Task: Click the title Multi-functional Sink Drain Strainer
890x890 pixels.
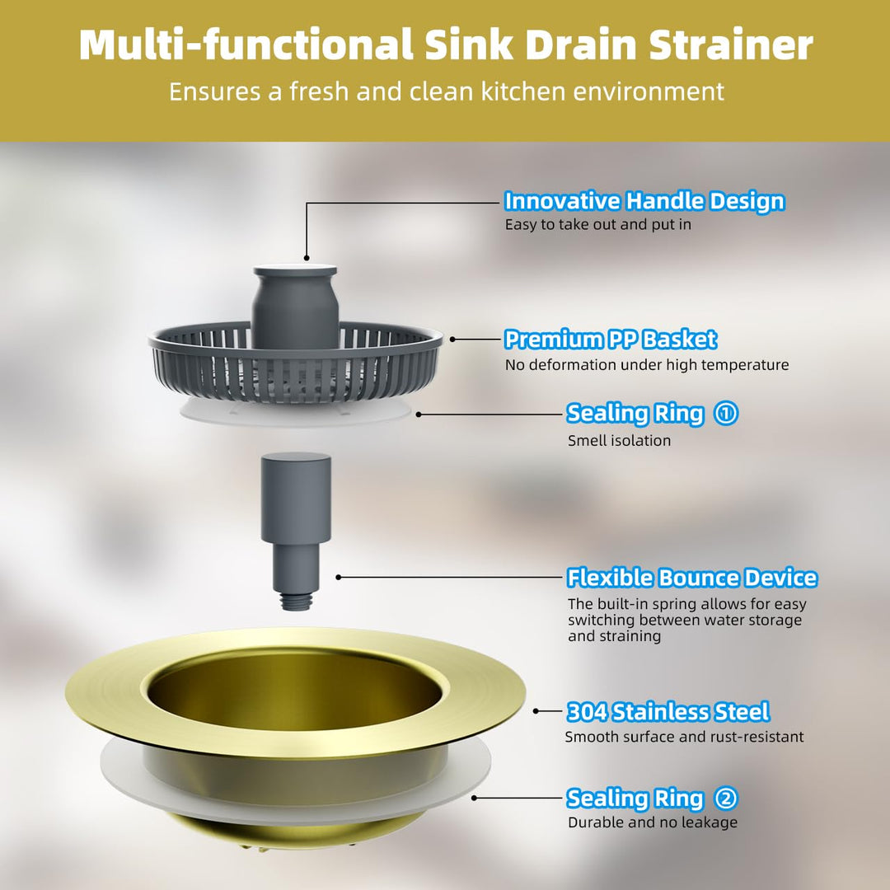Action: pyautogui.click(x=445, y=46)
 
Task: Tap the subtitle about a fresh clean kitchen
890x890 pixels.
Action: pyautogui.click(x=445, y=91)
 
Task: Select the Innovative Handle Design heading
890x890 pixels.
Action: pyautogui.click(x=644, y=201)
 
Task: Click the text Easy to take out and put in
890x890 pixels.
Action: pyautogui.click(x=597, y=224)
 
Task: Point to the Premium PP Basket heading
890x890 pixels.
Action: pyautogui.click(x=610, y=339)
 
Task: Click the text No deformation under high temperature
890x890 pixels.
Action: pyautogui.click(x=646, y=364)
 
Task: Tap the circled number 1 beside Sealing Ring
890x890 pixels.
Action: pyautogui.click(x=726, y=413)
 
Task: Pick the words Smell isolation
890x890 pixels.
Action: pyautogui.click(x=619, y=440)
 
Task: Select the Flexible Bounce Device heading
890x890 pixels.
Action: pyautogui.click(x=691, y=578)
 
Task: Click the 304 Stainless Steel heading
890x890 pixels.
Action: pyautogui.click(x=667, y=711)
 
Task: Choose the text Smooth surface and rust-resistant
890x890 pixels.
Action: pyautogui.click(x=684, y=737)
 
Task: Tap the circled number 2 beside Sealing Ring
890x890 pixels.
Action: pyautogui.click(x=726, y=798)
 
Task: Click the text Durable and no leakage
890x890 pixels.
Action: pyautogui.click(x=652, y=822)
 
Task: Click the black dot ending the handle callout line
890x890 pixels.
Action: pyautogui.click(x=306, y=258)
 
